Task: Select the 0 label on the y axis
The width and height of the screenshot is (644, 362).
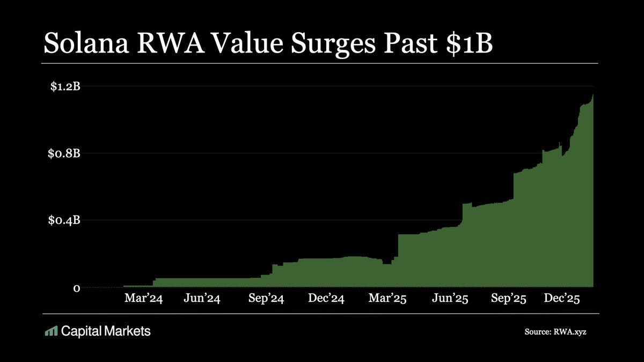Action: tap(77, 288)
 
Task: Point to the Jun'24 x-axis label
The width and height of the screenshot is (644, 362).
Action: tap(202, 299)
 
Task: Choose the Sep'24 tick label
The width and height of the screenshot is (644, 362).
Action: tap(266, 299)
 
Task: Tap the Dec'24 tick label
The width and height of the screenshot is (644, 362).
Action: tap(326, 299)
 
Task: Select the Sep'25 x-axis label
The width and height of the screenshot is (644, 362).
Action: tap(509, 299)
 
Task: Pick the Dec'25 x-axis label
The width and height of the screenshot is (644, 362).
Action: tap(561, 299)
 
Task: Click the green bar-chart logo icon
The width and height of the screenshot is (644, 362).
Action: tap(51, 331)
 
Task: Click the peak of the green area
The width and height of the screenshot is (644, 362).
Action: tap(592, 95)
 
